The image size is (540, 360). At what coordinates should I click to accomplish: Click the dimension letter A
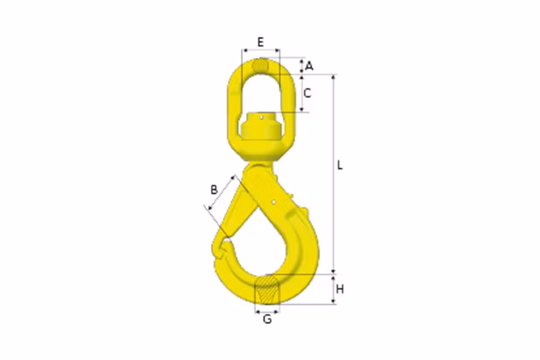click(309, 66)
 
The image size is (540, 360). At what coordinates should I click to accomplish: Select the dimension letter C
click(307, 93)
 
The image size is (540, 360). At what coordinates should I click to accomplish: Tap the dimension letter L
click(340, 165)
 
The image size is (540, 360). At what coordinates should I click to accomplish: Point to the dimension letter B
click(214, 190)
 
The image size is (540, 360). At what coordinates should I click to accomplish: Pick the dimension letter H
click(340, 290)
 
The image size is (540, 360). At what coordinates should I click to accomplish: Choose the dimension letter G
click(268, 319)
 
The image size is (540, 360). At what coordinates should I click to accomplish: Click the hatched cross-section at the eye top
click(260, 65)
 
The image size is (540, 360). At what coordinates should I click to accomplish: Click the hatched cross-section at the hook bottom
click(268, 291)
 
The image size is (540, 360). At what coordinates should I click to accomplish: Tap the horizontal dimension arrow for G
click(268, 311)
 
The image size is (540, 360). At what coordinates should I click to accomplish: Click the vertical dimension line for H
click(334, 290)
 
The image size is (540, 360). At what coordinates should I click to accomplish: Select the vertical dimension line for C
click(302, 93)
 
